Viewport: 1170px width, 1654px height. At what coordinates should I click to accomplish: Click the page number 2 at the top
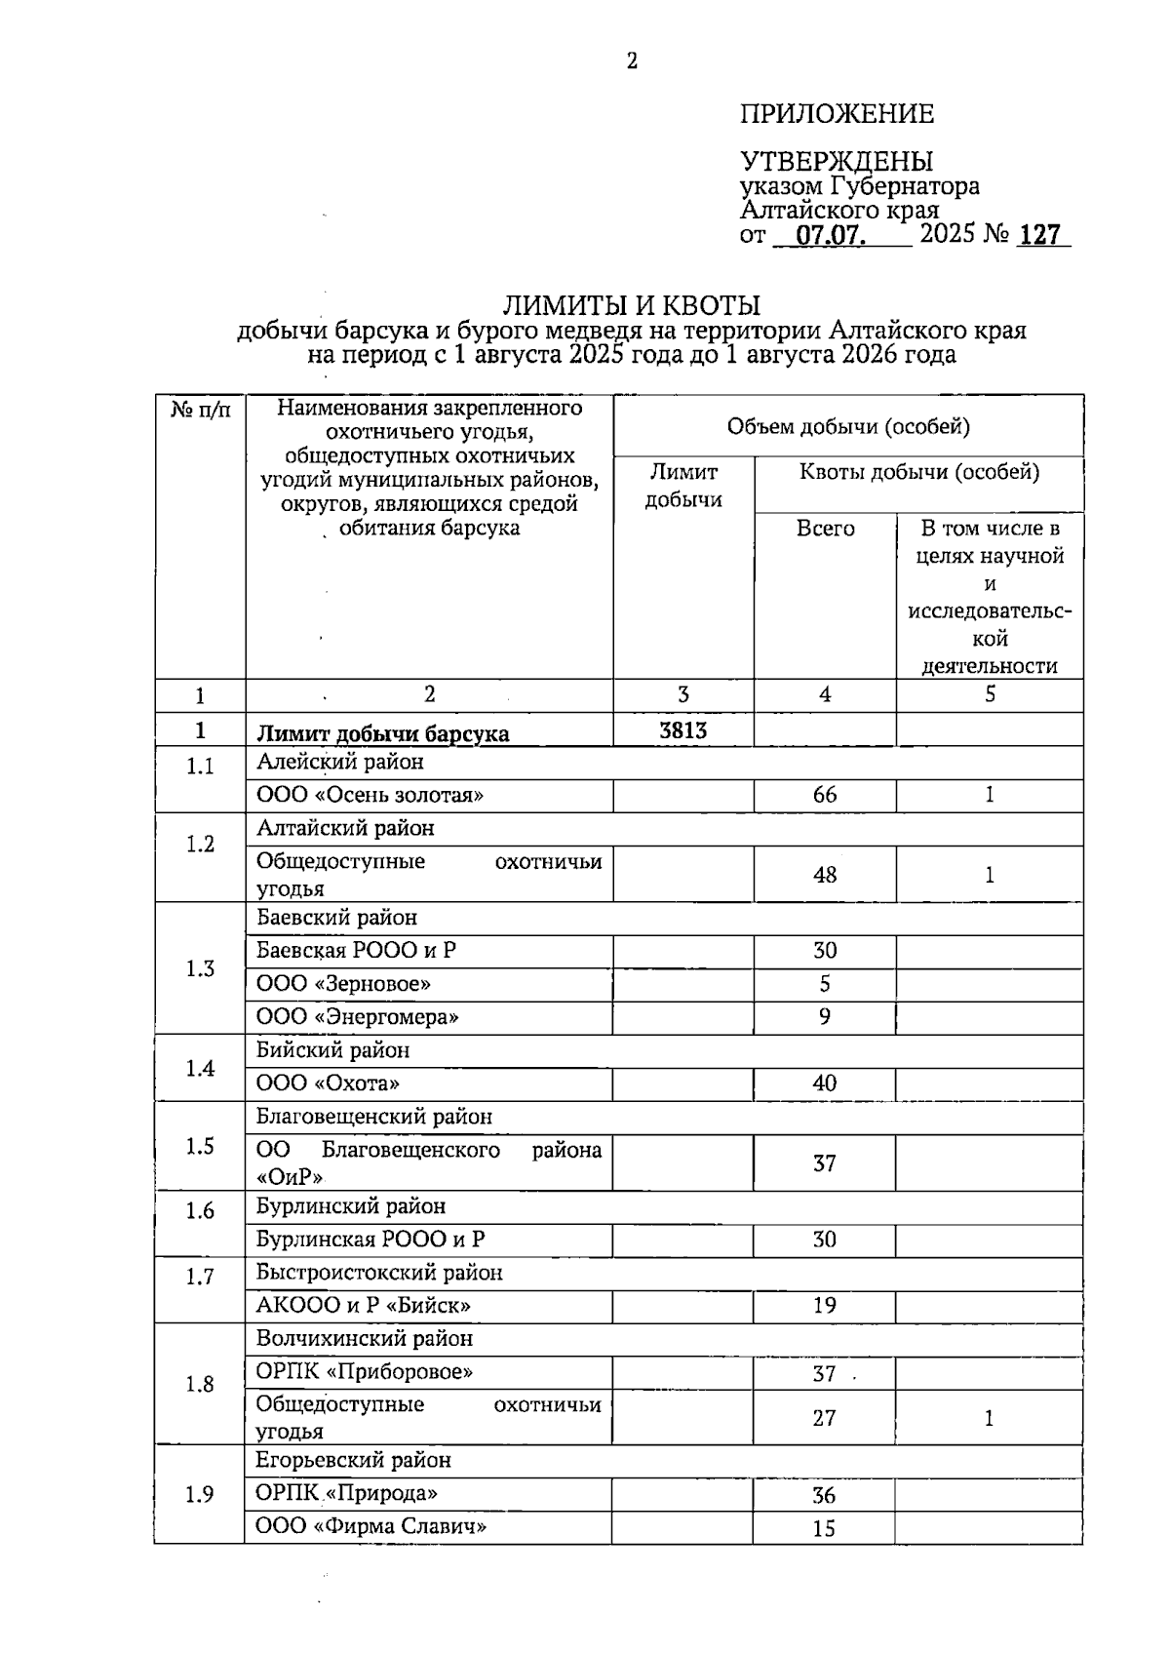pos(632,61)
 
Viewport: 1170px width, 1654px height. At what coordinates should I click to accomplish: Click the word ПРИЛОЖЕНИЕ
pos(837,114)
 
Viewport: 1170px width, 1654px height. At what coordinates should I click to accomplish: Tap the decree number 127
pos(1039,235)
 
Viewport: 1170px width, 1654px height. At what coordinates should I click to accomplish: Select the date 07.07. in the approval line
pos(832,235)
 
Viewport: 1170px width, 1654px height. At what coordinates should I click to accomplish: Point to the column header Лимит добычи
pos(683,486)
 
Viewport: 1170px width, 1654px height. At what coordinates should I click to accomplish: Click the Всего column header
pos(825,529)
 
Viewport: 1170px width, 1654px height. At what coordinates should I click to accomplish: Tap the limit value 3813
pos(683,730)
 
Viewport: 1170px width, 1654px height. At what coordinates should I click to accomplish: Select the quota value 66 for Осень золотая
pos(825,795)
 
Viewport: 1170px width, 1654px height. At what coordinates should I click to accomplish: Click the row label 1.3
pos(200,968)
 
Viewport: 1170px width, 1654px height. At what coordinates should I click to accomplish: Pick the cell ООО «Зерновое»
pos(343,984)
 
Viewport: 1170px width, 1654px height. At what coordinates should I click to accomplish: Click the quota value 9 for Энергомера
pos(825,1017)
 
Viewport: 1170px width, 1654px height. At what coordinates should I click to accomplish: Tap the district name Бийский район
pos(332,1050)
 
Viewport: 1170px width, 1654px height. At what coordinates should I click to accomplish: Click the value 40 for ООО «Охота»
pos(825,1083)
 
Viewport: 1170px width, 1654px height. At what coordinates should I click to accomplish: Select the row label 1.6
pos(200,1210)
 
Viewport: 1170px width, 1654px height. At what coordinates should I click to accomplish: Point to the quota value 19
pos(825,1306)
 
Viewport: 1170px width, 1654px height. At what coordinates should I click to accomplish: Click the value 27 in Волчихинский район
pos(825,1418)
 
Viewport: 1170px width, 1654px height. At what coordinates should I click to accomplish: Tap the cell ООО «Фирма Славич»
pos(370,1526)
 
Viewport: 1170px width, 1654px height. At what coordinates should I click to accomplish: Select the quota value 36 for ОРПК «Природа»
pos(825,1495)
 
